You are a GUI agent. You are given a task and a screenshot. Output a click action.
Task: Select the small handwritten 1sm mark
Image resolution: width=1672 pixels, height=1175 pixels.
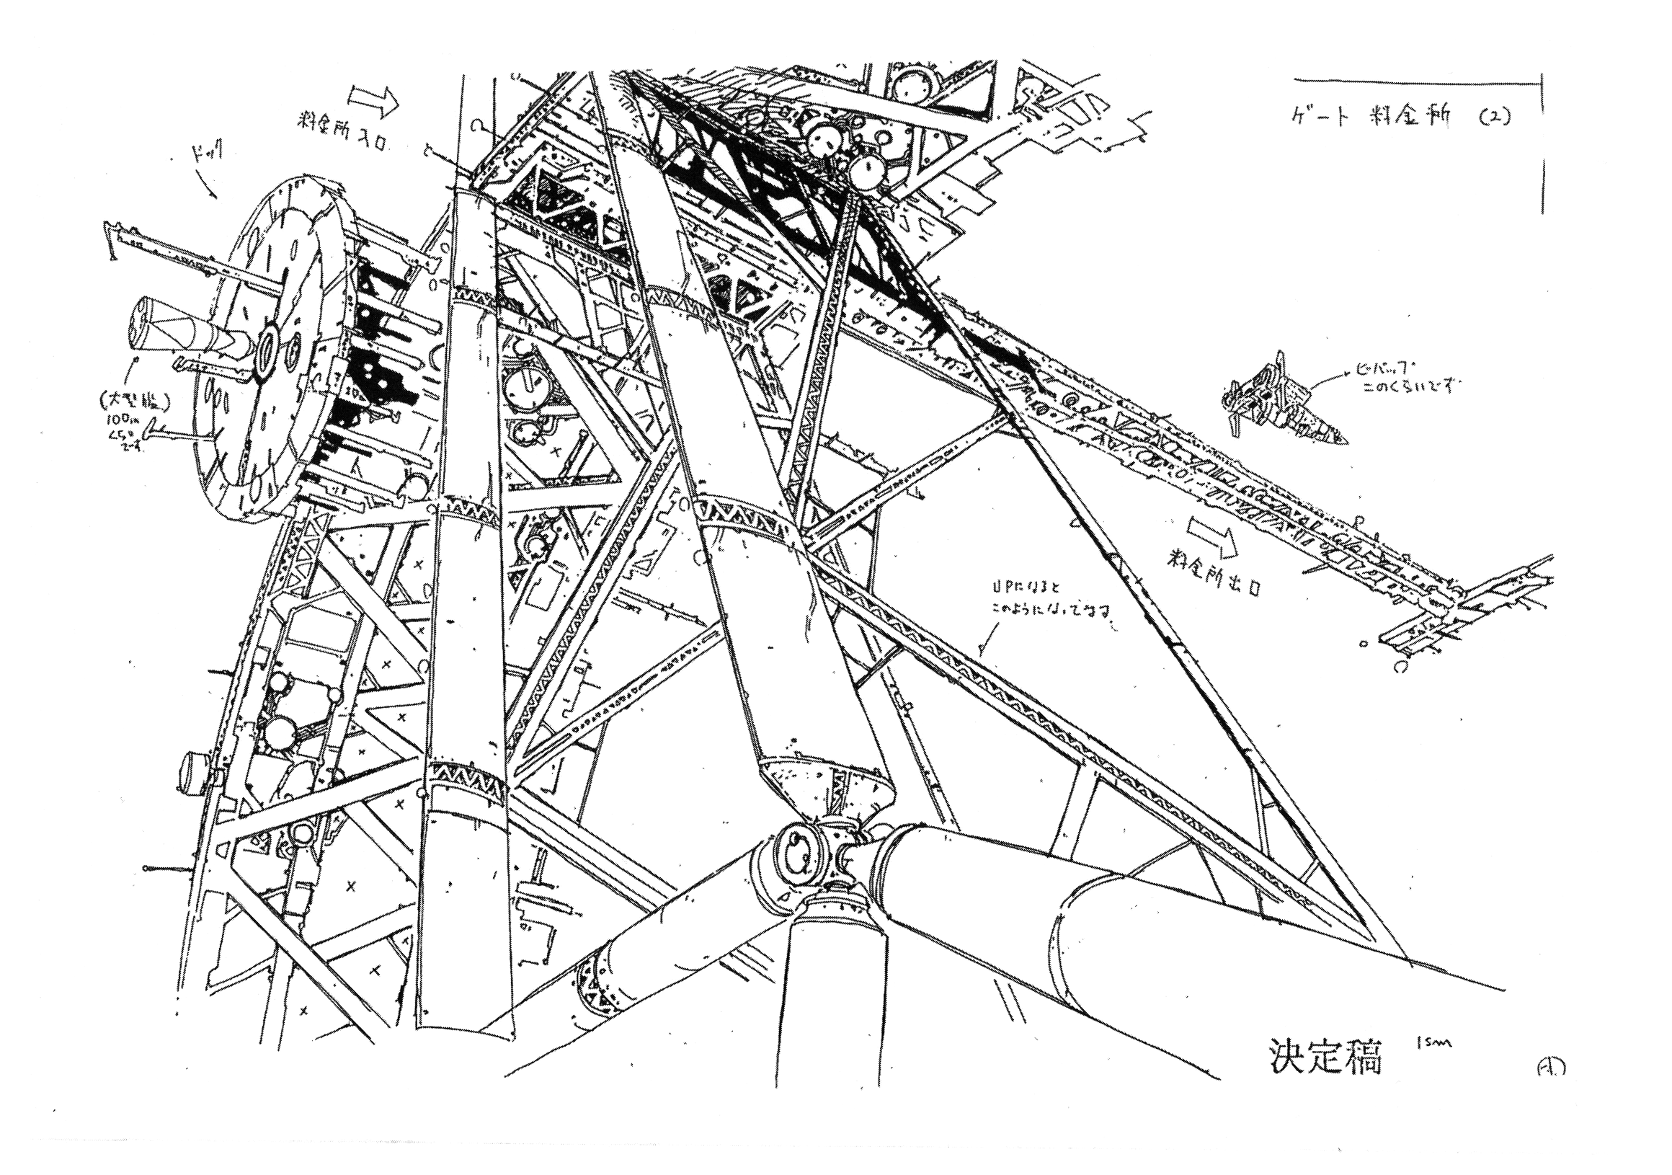(x=1433, y=1044)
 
